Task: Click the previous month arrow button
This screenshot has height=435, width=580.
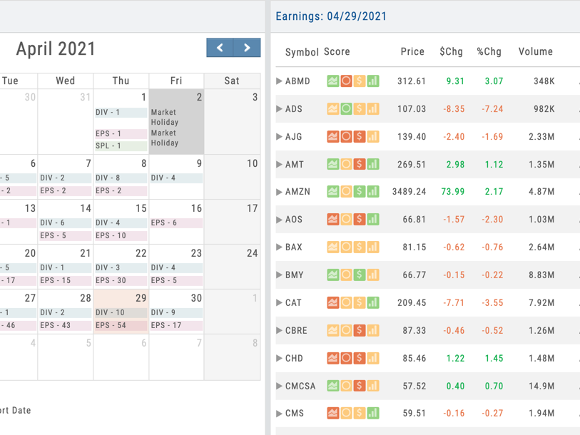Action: pyautogui.click(x=220, y=47)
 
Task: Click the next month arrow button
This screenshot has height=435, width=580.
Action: pyautogui.click(x=247, y=47)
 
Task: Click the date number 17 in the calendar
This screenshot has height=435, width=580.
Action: pyautogui.click(x=253, y=209)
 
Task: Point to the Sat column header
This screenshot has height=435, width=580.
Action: pyautogui.click(x=232, y=81)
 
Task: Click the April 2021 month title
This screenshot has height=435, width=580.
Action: pyautogui.click(x=56, y=48)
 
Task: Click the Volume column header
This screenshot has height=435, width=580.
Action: pyautogui.click(x=536, y=51)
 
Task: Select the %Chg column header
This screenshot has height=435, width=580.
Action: pyautogui.click(x=489, y=51)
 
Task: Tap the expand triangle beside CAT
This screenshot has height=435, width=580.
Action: pyautogui.click(x=279, y=302)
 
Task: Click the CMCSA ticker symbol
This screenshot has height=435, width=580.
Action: pyautogui.click(x=300, y=387)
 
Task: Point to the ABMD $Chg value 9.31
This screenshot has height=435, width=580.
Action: pyautogui.click(x=455, y=81)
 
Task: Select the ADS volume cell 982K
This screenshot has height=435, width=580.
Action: pyautogui.click(x=544, y=108)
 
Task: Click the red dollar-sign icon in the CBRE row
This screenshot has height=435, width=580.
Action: pyautogui.click(x=359, y=330)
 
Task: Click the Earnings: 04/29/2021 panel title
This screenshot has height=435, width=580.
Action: pyautogui.click(x=331, y=16)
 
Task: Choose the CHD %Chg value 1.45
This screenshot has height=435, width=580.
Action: pyautogui.click(x=494, y=359)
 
